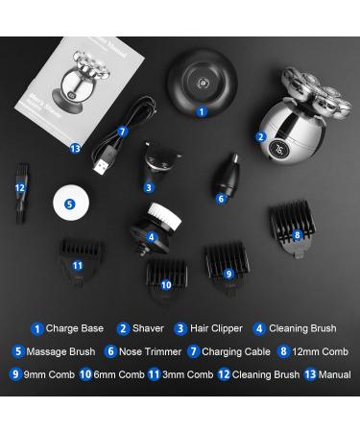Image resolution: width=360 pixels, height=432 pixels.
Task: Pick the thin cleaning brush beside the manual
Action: [19, 199]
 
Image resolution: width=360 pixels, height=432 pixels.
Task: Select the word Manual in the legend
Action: [334, 375]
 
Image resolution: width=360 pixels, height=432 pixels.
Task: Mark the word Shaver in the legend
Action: [149, 329]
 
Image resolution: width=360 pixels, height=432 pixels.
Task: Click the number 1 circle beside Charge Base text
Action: [36, 329]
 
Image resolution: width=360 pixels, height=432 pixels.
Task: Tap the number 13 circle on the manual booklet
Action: [77, 148]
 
